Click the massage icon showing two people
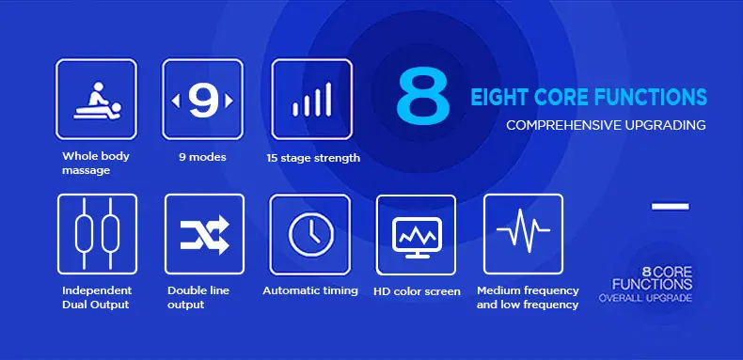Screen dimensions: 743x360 [x=97, y=101]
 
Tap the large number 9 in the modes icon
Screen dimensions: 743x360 [x=203, y=101]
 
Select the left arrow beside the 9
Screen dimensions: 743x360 [x=175, y=101]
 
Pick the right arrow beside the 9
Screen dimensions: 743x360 [x=229, y=101]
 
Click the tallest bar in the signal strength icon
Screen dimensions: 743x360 [x=328, y=100]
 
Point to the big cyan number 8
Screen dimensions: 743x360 [x=423, y=96]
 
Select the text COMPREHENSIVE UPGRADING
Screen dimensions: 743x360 [x=606, y=126]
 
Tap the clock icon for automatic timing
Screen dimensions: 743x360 [x=311, y=234]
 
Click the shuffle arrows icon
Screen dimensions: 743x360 [x=205, y=234]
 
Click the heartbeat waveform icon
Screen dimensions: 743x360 [x=523, y=230]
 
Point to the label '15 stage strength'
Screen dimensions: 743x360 [x=313, y=158]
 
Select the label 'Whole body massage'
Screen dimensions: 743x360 [x=96, y=163]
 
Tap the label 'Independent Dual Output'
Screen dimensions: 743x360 [x=97, y=297]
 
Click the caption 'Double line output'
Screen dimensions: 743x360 [x=198, y=297]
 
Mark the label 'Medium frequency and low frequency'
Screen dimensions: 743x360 [x=528, y=297]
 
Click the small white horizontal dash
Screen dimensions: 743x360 [x=670, y=207]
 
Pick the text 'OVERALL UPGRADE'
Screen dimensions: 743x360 [x=645, y=298]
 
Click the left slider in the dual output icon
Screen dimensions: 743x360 [x=84, y=234]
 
